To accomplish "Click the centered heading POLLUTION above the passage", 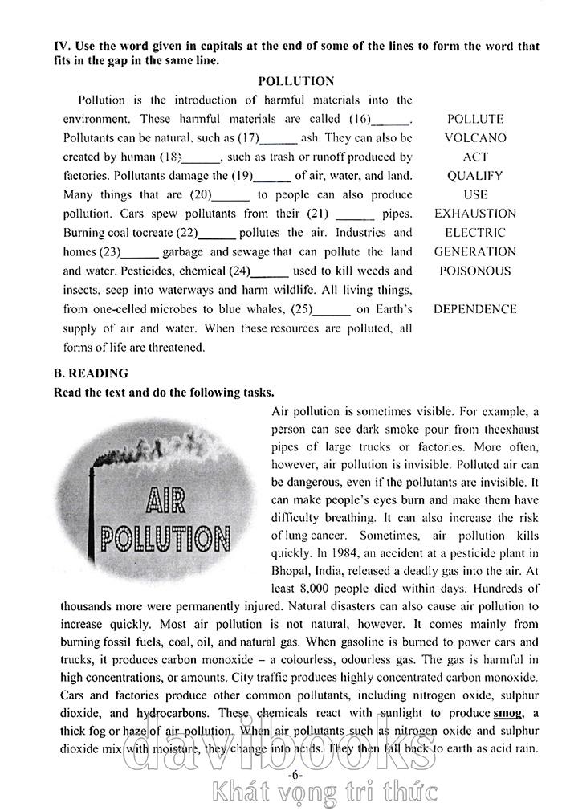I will click(x=296, y=81).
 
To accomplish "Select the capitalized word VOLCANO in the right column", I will click(x=475, y=138).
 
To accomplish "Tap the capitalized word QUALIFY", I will click(x=475, y=176).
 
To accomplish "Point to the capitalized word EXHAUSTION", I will click(x=475, y=214).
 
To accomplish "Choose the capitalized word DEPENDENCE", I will click(x=475, y=309).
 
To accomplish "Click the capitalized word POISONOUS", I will click(x=475, y=271).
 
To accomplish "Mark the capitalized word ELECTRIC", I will click(x=475, y=233).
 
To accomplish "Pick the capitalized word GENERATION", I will click(x=475, y=252).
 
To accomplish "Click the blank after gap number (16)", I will click(x=391, y=120).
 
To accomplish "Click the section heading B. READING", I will click(x=91, y=373).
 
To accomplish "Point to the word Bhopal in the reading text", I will click(x=291, y=572).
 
